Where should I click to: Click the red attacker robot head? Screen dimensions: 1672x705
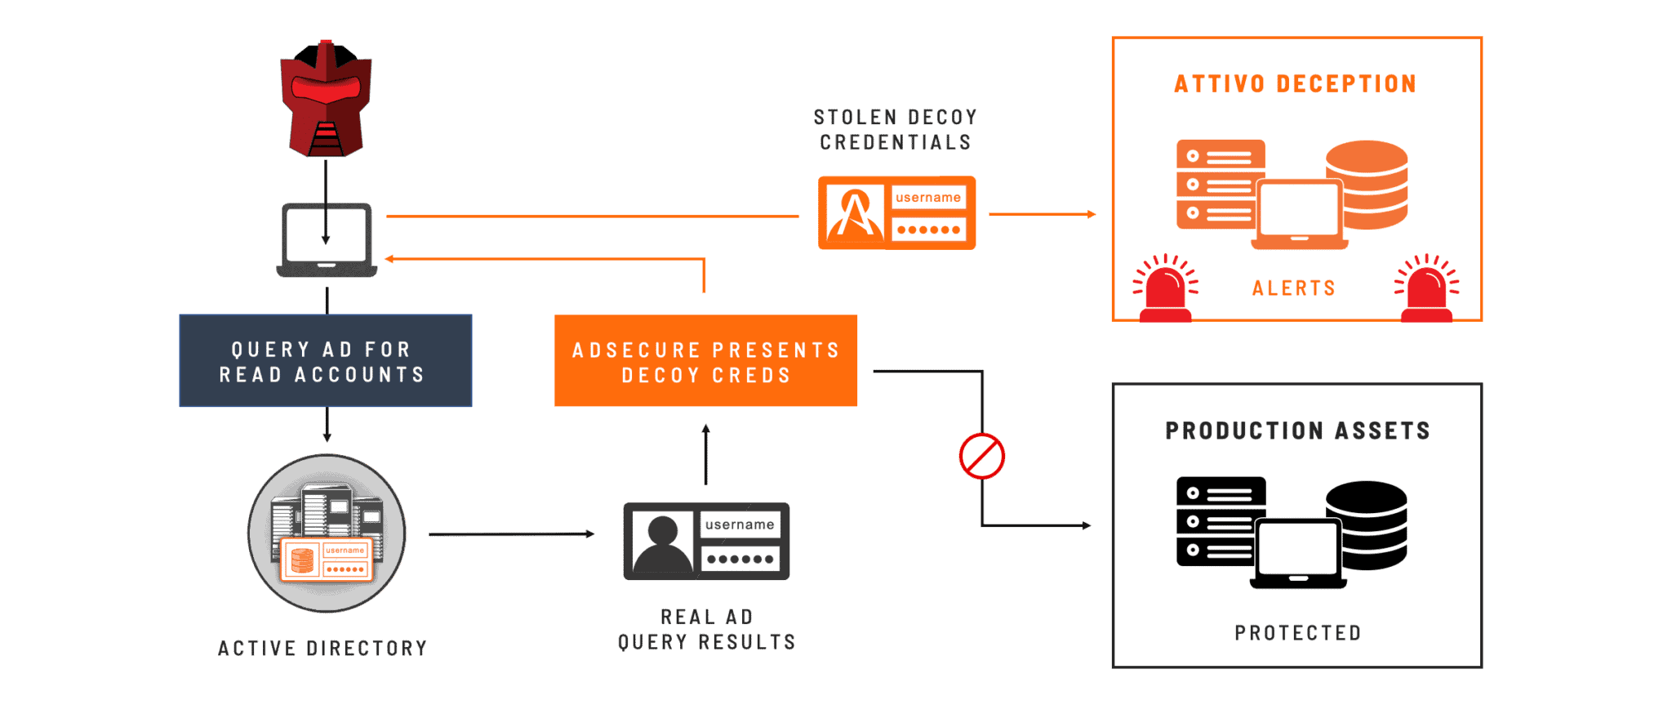point(326,98)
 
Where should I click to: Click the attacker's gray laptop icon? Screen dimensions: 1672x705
point(327,240)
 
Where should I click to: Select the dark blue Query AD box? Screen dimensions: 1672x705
point(326,360)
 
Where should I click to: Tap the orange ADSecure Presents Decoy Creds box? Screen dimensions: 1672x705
point(705,360)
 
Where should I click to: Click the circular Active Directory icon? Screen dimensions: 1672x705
point(327,533)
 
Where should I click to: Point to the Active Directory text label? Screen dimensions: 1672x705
point(322,649)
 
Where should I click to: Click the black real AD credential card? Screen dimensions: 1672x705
point(706,541)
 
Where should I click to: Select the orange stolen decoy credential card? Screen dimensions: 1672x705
point(896,212)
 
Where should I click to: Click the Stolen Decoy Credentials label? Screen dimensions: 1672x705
point(896,130)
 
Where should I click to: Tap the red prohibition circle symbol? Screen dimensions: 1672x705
point(982,456)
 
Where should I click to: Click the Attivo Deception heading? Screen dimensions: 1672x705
point(1296,84)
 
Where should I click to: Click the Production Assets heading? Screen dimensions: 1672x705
point(1297,431)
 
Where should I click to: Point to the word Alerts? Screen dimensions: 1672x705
point(1294,288)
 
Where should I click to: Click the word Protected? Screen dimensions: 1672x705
point(1298,633)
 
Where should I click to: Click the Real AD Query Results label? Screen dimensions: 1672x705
point(707,630)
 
